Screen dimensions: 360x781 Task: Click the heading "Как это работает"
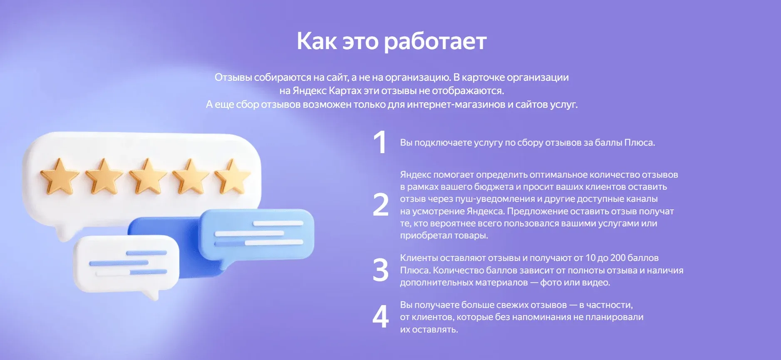point(391,42)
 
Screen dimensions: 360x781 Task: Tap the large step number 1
point(380,142)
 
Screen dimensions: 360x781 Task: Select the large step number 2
point(380,205)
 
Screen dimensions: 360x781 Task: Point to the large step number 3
point(380,270)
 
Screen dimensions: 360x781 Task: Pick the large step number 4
point(380,317)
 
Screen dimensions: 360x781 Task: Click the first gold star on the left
point(60,176)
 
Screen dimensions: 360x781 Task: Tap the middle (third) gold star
point(147,176)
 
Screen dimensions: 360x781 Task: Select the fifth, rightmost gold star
point(232,176)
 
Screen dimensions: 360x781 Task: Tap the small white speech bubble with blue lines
point(126,263)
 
